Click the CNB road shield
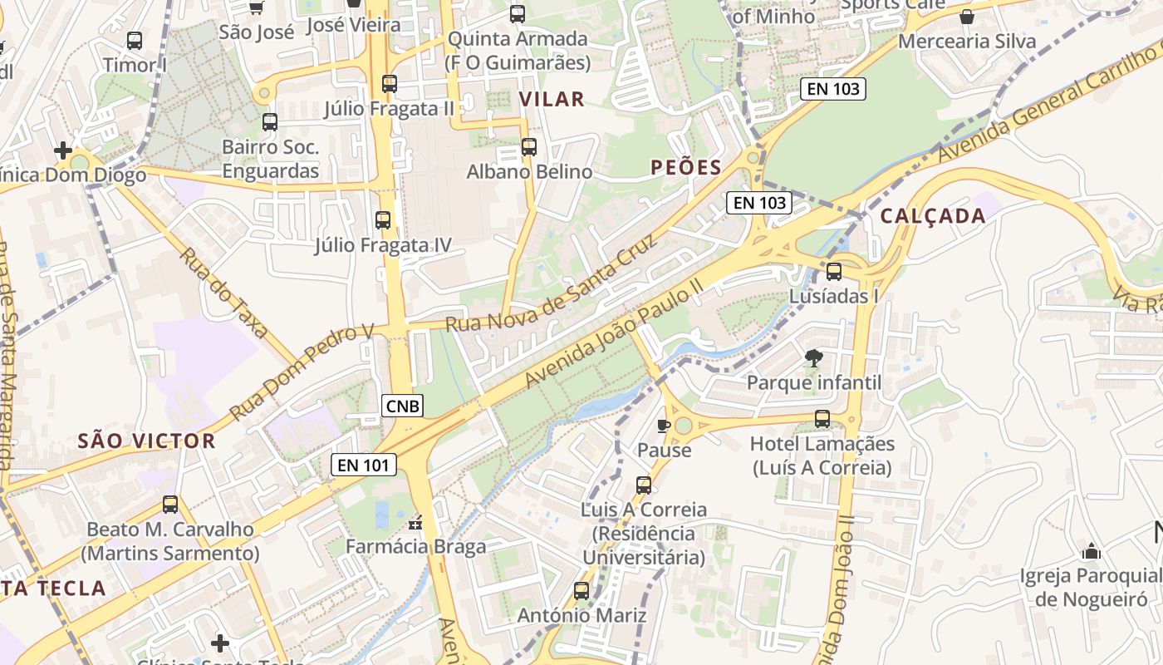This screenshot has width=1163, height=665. click(403, 406)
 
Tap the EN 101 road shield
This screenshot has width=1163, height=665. click(364, 465)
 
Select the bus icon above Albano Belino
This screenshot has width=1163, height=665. click(529, 147)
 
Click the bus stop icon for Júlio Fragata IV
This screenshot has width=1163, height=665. click(383, 220)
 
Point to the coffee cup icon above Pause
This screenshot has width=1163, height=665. click(664, 426)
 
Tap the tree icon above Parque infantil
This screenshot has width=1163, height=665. click(814, 358)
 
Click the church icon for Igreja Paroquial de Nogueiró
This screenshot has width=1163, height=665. click(1092, 551)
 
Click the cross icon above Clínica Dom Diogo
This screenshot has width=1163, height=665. click(63, 150)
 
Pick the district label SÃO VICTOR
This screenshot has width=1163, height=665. click(146, 441)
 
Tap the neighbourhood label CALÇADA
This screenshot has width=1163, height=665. click(933, 216)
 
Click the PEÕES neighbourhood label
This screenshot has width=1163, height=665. click(686, 167)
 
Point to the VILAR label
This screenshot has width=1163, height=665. click(552, 100)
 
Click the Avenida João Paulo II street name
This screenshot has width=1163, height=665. click(615, 332)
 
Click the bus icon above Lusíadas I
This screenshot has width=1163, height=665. click(834, 272)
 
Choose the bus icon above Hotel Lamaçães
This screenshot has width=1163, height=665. click(822, 419)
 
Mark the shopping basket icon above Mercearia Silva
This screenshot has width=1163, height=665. click(967, 17)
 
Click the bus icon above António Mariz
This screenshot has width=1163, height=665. click(581, 591)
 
